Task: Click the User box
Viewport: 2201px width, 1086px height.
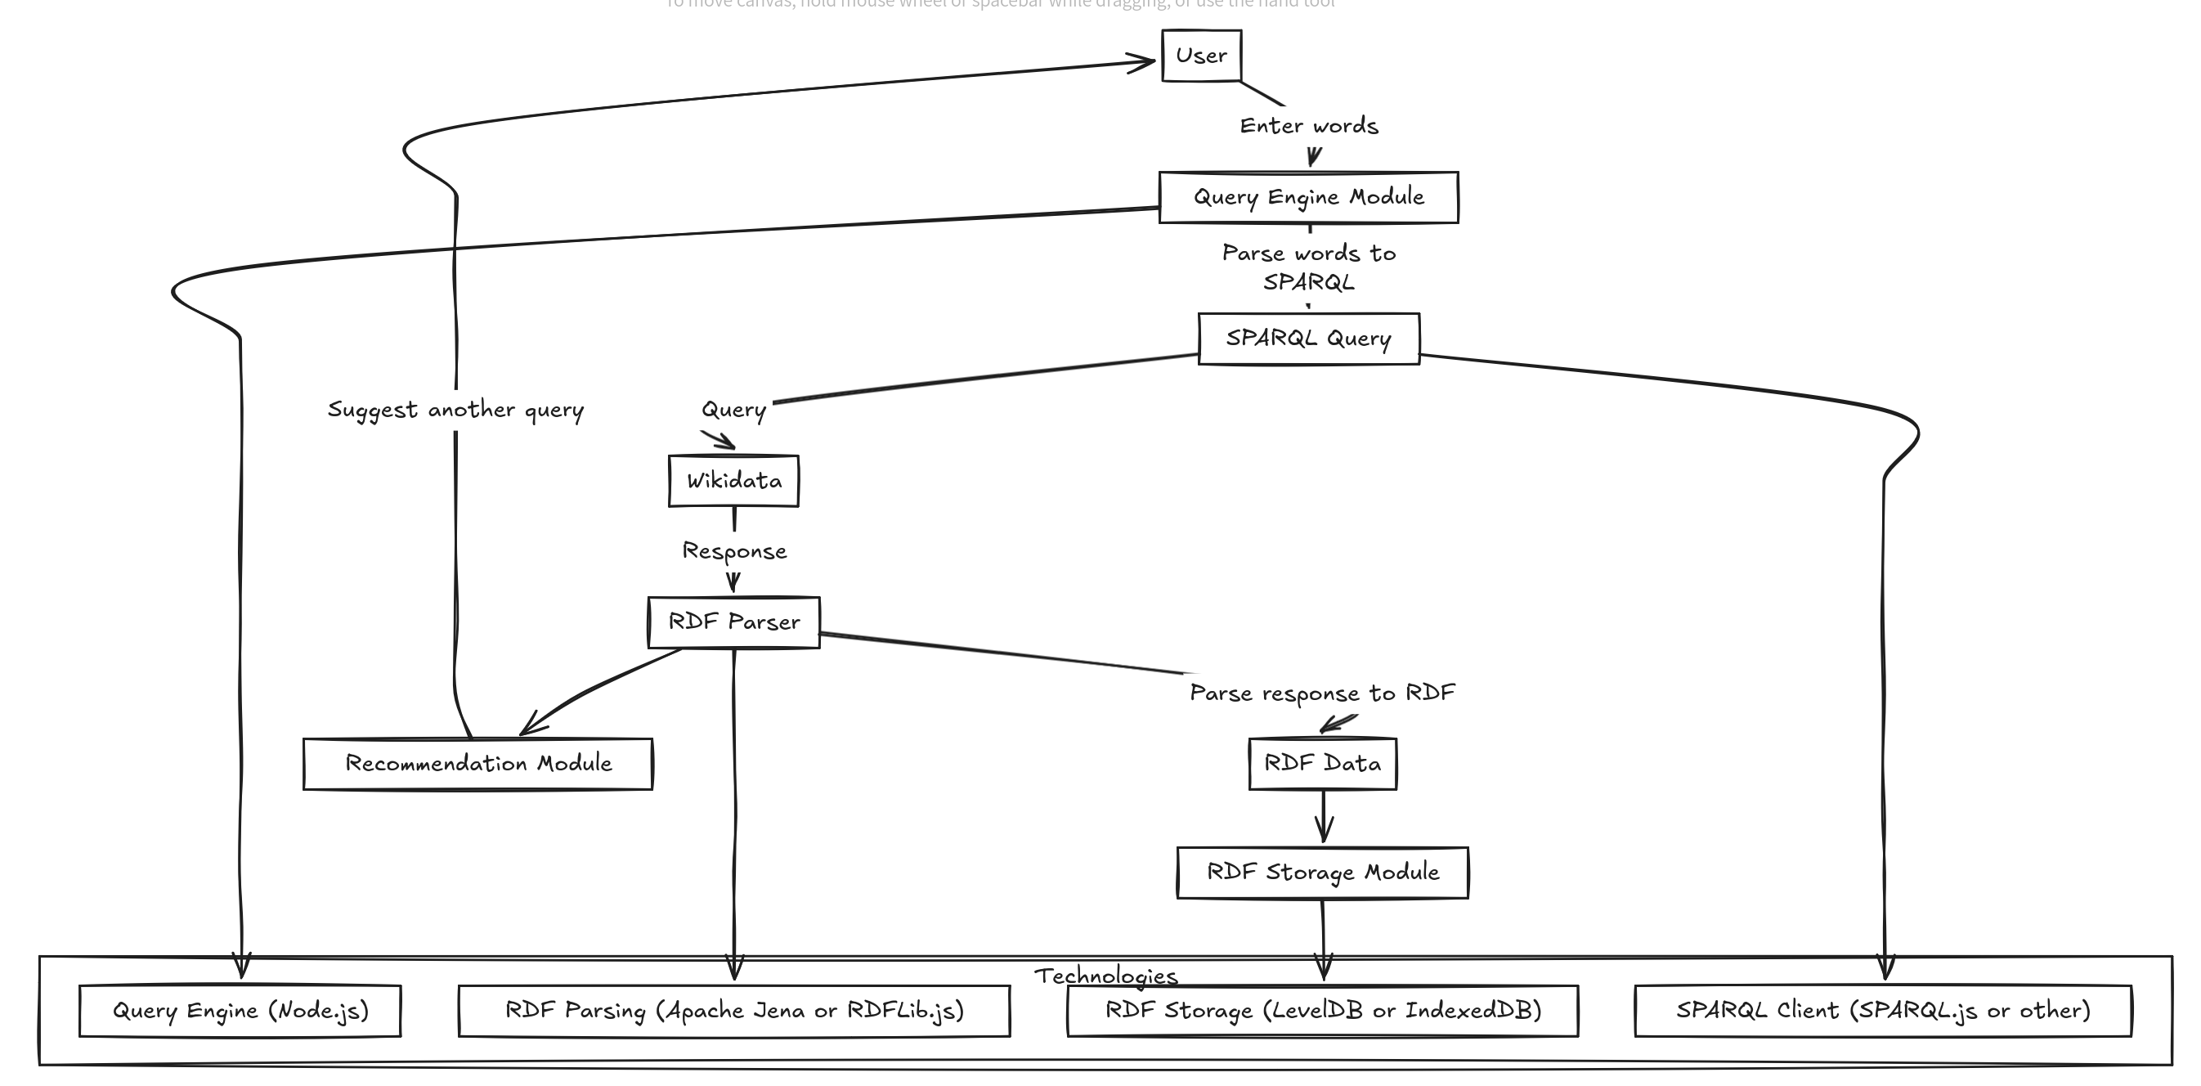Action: click(1201, 56)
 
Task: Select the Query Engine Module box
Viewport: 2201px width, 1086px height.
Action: click(1308, 197)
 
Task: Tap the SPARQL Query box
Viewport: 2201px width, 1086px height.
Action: click(1308, 339)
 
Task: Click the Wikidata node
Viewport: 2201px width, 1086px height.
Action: click(733, 481)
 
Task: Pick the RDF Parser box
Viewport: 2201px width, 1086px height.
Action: click(733, 622)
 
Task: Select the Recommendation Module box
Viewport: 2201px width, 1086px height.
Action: click(477, 764)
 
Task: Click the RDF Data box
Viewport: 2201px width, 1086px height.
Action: click(1322, 764)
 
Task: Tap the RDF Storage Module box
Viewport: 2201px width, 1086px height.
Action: click(1322, 873)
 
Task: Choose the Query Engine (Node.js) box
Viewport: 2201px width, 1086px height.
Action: click(240, 1011)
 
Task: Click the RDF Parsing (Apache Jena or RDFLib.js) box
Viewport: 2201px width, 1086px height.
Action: click(734, 1011)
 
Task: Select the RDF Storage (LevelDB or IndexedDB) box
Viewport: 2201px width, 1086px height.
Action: click(1322, 1011)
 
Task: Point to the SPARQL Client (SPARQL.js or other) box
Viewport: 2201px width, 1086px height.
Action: click(1882, 1011)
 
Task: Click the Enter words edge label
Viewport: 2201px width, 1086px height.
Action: click(1308, 127)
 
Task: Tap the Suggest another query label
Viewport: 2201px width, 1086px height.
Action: click(455, 411)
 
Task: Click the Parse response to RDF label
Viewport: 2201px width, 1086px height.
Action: click(1322, 693)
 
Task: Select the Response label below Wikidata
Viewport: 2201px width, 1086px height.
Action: click(734, 552)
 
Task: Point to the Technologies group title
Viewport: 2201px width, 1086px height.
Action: click(1105, 976)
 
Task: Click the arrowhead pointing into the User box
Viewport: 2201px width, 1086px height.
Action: click(1145, 61)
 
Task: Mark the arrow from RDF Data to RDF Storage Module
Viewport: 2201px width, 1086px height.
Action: click(1324, 818)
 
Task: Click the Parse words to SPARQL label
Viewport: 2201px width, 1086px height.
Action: click(1308, 267)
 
